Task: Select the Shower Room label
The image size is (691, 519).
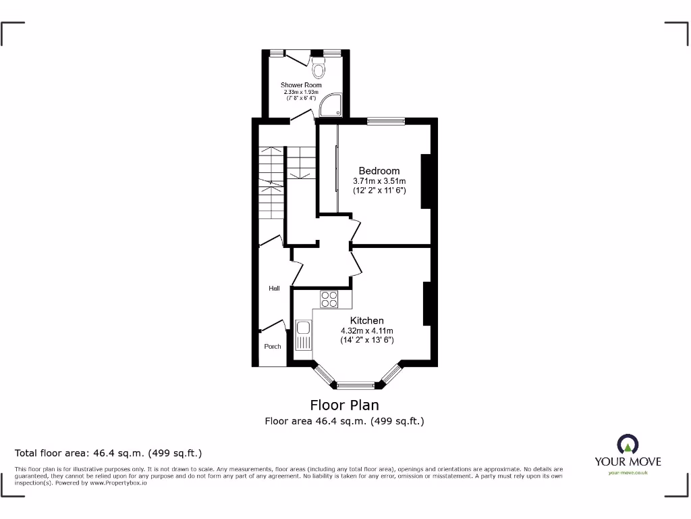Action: point(301,85)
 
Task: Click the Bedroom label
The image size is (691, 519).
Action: point(379,171)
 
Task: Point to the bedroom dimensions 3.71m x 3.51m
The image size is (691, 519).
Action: point(379,181)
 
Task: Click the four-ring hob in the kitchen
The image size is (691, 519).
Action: point(329,299)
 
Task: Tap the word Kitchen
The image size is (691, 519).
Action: point(366,320)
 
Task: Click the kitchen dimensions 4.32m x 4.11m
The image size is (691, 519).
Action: point(366,330)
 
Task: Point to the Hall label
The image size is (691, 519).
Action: point(274,289)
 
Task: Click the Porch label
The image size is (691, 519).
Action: point(273,347)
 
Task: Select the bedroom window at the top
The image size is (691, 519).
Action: point(386,122)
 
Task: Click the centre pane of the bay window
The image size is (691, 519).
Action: point(356,386)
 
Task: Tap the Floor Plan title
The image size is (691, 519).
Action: point(344,405)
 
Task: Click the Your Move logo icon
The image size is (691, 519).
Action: point(628,444)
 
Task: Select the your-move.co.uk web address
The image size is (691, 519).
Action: point(628,473)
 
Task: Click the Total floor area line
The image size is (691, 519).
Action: point(109,453)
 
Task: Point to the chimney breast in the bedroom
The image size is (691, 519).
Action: point(425,181)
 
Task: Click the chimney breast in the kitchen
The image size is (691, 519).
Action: point(426,304)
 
